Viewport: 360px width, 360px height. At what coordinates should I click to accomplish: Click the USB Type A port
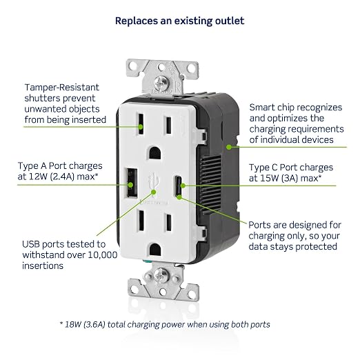click(x=132, y=183)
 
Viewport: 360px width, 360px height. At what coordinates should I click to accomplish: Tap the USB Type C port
click(x=179, y=186)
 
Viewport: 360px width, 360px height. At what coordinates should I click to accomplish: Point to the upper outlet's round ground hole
click(x=155, y=153)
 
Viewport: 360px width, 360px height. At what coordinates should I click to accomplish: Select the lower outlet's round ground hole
click(x=155, y=250)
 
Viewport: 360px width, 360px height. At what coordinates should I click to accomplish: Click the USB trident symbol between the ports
click(x=153, y=183)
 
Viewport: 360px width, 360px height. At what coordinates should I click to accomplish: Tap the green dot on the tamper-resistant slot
click(x=141, y=127)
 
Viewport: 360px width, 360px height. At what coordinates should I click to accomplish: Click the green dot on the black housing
click(x=229, y=147)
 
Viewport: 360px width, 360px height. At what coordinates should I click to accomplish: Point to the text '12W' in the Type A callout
click(x=37, y=177)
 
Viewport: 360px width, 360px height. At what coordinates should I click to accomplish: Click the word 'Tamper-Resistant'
click(x=62, y=88)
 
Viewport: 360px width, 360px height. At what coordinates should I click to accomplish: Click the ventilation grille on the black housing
click(x=211, y=184)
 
